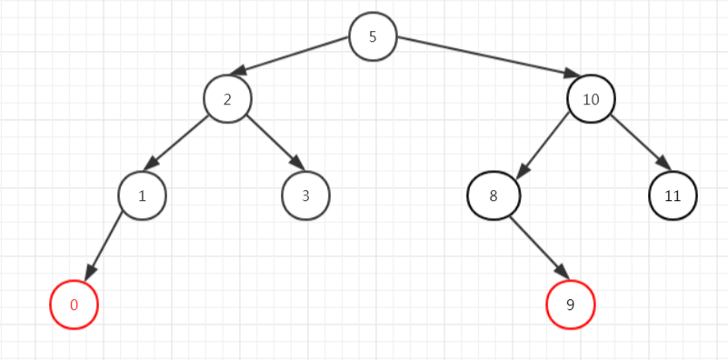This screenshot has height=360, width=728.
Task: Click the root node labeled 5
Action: pos(373,37)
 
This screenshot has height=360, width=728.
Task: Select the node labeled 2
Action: pos(227,98)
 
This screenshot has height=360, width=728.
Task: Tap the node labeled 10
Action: pos(591,98)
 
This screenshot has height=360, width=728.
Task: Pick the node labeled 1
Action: pos(142,195)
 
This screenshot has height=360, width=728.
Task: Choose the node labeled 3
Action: pos(305,195)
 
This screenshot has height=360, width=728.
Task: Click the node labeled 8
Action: pos(493,195)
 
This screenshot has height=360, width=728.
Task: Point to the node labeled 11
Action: pos(673,195)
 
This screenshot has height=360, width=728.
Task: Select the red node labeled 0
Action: pos(74,305)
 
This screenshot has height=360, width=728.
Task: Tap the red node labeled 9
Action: pos(571,305)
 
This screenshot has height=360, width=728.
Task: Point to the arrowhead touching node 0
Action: pos(90,274)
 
